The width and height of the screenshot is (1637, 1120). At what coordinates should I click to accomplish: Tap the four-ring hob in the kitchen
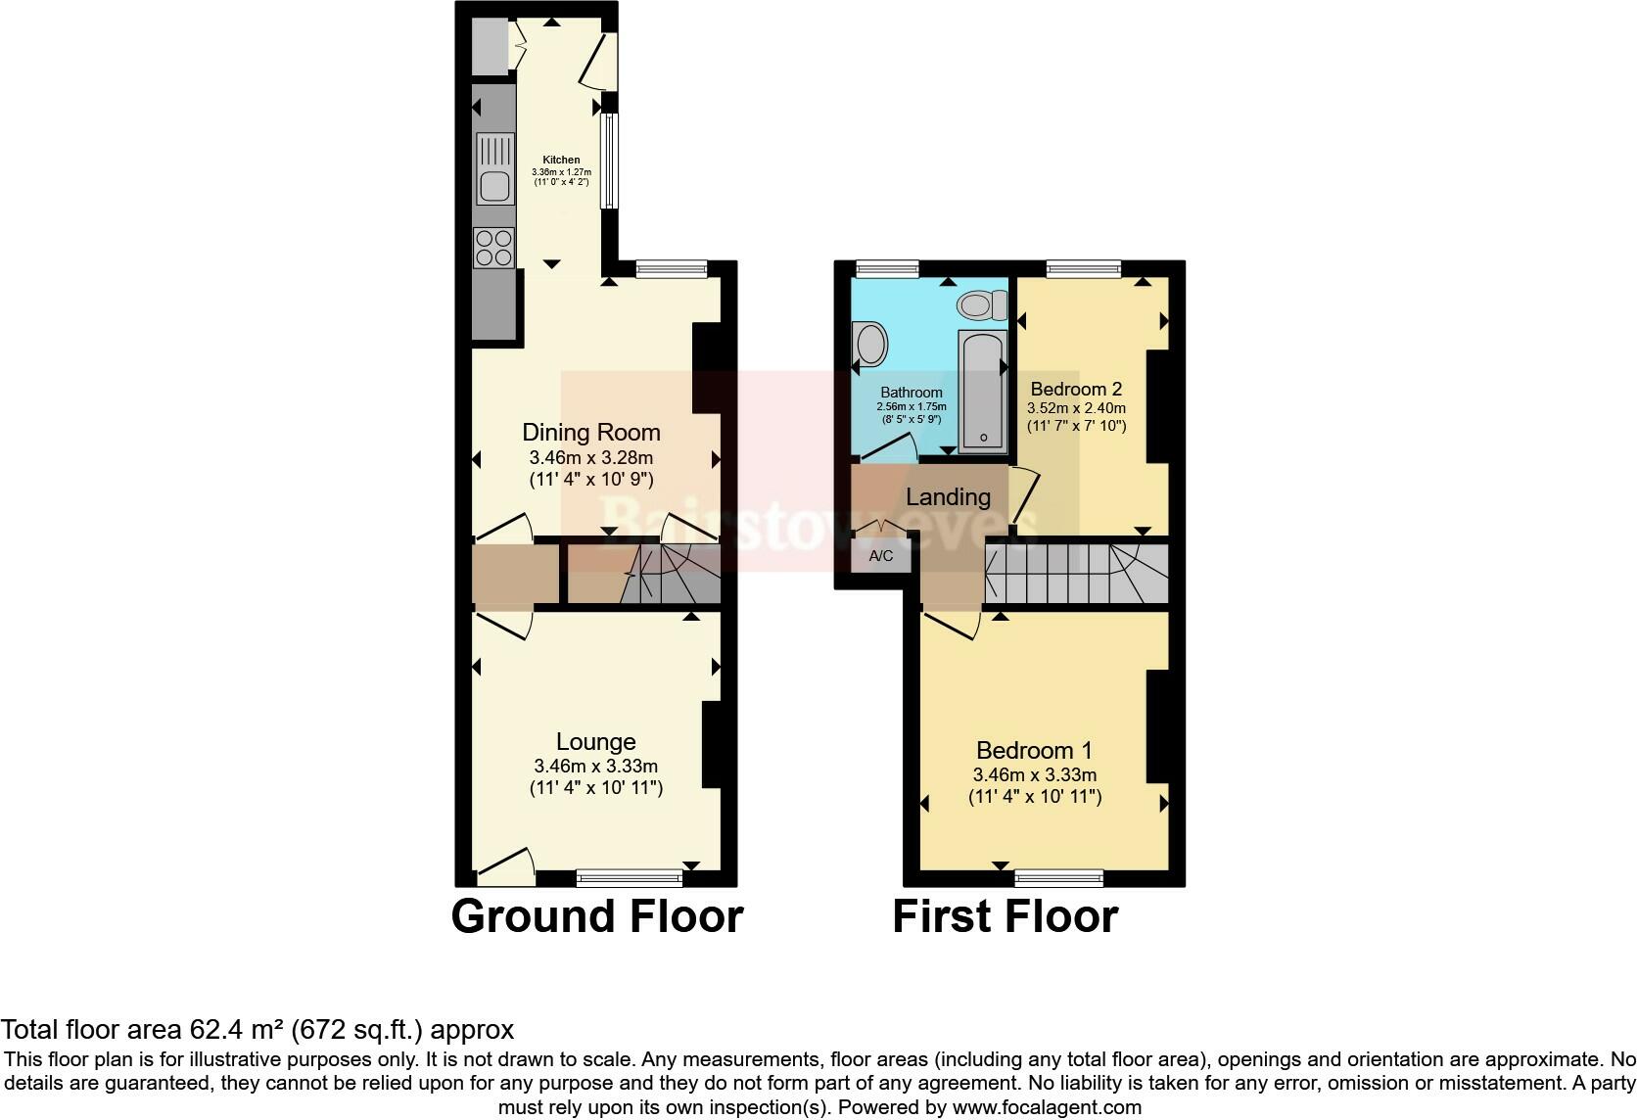point(494,247)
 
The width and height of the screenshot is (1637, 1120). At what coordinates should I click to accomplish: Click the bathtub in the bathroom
point(982,392)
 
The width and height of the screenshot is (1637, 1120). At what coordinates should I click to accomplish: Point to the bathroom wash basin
point(869,345)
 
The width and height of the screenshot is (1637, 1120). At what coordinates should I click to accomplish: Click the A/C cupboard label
point(881,556)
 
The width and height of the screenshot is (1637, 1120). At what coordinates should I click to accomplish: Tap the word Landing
point(948,497)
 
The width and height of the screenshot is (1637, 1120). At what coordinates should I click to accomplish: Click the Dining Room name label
point(590,432)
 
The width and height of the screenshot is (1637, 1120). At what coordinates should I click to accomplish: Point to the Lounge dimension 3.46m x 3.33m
point(595,766)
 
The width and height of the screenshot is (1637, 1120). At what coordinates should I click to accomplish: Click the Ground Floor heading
point(597,916)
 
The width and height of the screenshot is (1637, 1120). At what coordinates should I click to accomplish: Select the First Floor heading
point(1005,916)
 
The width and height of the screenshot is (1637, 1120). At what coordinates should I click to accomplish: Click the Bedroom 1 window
point(1059,877)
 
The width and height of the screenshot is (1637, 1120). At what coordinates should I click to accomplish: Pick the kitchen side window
point(609,161)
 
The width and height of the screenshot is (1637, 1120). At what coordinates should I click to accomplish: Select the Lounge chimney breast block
point(712,745)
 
